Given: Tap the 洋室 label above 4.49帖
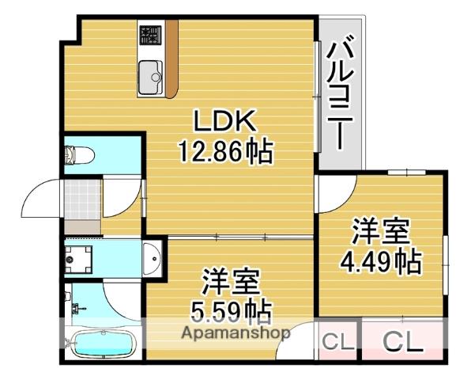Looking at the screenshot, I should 380,234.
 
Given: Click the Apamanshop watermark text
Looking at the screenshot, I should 237,333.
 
